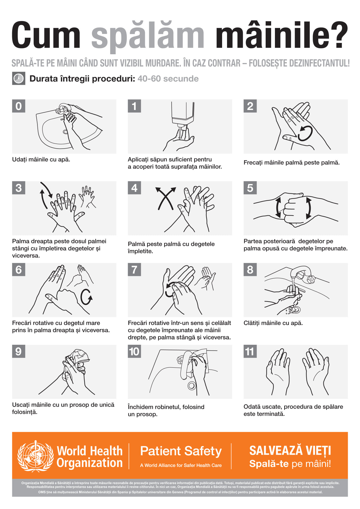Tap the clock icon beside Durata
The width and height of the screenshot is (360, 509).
click(x=19, y=78)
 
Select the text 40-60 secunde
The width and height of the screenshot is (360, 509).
click(x=168, y=79)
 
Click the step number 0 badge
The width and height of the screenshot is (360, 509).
click(x=19, y=106)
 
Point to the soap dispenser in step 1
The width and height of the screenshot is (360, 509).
click(x=183, y=115)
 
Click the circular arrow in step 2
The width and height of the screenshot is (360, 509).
click(x=305, y=133)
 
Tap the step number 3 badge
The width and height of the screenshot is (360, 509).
click(x=19, y=188)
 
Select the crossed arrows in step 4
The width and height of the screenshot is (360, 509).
click(x=165, y=198)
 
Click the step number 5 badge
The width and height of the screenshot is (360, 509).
click(x=250, y=188)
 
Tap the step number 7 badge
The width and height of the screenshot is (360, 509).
click(x=134, y=270)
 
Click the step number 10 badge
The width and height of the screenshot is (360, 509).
click(x=134, y=351)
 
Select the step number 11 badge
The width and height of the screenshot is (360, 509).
click(x=250, y=351)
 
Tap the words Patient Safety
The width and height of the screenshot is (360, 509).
click(x=181, y=451)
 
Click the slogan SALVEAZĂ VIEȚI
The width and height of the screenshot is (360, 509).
click(x=290, y=451)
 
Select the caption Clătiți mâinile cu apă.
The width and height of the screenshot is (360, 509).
click(x=273, y=323)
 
